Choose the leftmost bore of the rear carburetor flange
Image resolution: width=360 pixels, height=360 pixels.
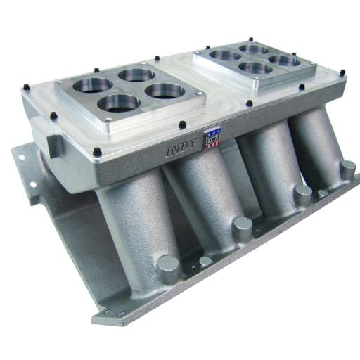coord(225,55)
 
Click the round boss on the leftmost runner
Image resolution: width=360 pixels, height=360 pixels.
coord(169,266)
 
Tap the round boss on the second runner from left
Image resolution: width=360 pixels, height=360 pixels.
coord(241,225)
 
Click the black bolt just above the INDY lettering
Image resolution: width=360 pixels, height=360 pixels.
coord(182,125)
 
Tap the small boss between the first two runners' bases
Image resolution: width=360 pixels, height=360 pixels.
coord(205,261)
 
